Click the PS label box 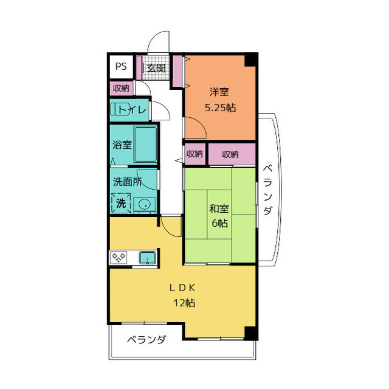(x=121, y=66)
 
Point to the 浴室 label (x=122, y=145)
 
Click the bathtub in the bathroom (x=146, y=144)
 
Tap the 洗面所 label (x=127, y=181)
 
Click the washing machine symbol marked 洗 (x=121, y=203)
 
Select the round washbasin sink (x=145, y=205)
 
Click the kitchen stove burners (x=119, y=258)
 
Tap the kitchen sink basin (x=147, y=258)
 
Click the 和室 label (x=219, y=209)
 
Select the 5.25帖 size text (x=219, y=108)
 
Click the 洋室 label (x=219, y=92)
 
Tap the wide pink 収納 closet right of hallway (x=230, y=154)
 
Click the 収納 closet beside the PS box (x=121, y=88)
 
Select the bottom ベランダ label (x=146, y=340)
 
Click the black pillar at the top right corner (x=250, y=60)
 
